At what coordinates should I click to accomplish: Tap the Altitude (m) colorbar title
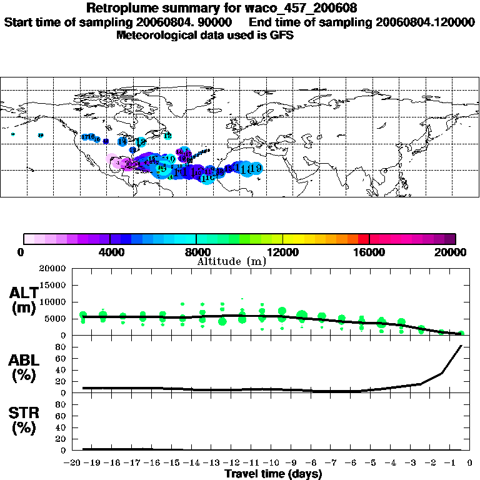(x=232, y=261)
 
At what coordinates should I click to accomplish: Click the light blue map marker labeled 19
(x=254, y=167)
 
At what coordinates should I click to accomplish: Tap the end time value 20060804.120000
(x=425, y=22)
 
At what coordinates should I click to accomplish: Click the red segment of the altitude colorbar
(x=362, y=239)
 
